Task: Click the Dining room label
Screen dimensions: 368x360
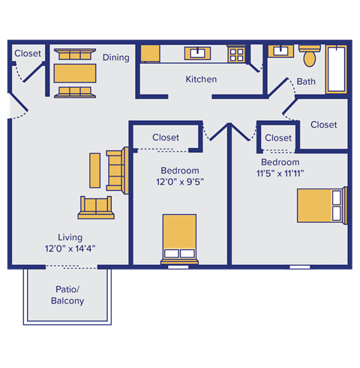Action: pos(116,57)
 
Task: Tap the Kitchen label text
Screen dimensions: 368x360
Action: pos(201,79)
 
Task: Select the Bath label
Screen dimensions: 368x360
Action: pos(306,81)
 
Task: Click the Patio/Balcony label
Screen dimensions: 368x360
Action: pos(67,295)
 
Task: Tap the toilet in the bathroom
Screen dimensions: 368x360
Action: pos(309,56)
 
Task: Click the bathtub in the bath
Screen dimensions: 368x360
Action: pos(337,70)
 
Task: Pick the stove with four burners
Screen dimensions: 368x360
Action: pos(237,54)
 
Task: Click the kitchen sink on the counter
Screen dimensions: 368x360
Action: pos(199,53)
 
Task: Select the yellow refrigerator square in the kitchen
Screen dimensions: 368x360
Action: pos(151,54)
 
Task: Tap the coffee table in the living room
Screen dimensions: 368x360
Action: pos(94,170)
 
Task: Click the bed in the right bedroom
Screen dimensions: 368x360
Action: pos(319,205)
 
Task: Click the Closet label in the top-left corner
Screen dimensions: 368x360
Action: pos(28,53)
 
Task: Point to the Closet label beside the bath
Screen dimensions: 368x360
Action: pos(323,125)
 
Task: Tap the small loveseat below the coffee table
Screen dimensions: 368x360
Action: pos(97,207)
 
